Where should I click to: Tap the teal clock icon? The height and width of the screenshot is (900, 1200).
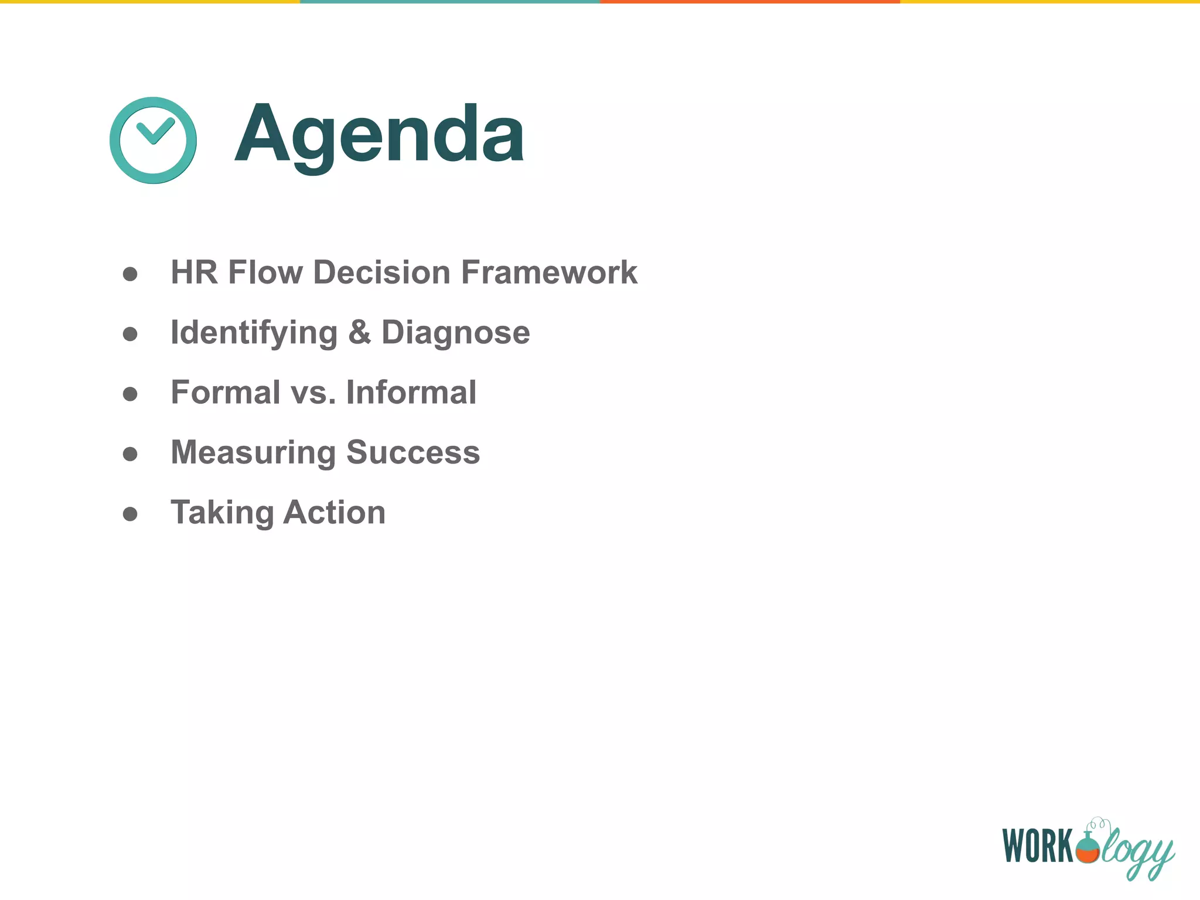click(153, 140)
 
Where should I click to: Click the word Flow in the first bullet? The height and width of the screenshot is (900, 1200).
click(265, 272)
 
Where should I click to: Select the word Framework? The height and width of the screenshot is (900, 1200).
click(549, 272)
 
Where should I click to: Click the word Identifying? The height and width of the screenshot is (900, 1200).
click(254, 333)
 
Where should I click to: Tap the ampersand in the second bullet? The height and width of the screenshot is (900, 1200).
click(359, 332)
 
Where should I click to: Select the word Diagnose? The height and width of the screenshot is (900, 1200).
click(456, 333)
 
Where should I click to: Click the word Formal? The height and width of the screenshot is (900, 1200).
click(226, 393)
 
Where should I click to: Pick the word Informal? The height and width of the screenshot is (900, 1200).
click(411, 393)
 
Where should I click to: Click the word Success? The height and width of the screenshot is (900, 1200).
click(413, 453)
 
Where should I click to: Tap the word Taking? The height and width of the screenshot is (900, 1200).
click(222, 513)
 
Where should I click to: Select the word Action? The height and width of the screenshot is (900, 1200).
click(335, 513)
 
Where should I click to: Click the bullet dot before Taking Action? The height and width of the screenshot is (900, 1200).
click(130, 514)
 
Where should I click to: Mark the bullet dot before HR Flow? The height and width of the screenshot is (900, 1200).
click(130, 274)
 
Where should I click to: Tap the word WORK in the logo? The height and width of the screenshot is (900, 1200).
click(1038, 846)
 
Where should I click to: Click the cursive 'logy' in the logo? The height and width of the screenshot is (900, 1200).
click(1137, 850)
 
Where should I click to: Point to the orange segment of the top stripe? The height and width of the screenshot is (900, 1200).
click(750, 2)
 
